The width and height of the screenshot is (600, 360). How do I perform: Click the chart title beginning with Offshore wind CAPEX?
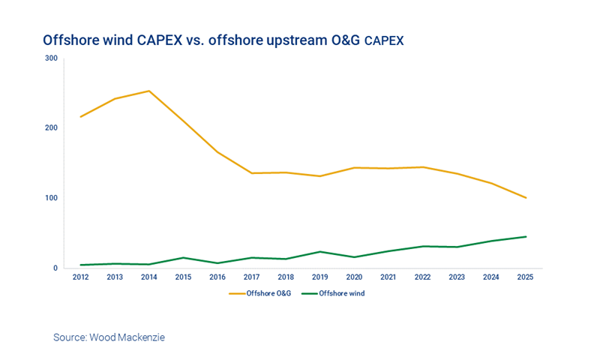coord(223,40)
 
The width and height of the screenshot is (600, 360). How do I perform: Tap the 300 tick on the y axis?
coord(51,58)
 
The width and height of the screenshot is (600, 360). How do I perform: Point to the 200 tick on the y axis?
coord(51,127)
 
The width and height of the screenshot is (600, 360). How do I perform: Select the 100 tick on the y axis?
coord(51,198)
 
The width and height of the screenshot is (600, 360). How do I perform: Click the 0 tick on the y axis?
coord(55,268)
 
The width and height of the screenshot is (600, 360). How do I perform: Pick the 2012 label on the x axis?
coord(80,277)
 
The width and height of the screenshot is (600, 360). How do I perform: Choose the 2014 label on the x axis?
coord(148,277)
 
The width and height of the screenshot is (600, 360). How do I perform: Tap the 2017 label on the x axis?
coord(251,277)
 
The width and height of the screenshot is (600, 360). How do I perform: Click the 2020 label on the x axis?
coord(354,277)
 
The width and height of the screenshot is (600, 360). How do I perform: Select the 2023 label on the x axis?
coord(457,277)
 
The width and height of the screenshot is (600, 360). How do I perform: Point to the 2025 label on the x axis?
coord(526,277)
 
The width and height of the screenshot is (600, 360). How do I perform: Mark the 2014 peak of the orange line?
coord(148,91)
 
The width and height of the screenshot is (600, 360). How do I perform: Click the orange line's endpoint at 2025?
coord(526,198)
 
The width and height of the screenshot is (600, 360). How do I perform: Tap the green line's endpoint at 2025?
coord(526,236)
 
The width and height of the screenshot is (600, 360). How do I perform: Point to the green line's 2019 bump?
coord(320,251)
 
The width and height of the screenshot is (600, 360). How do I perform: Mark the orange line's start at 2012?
coord(80,116)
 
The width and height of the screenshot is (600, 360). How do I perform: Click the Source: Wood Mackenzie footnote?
coord(109,337)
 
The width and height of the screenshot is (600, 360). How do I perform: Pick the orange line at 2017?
coord(251,173)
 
